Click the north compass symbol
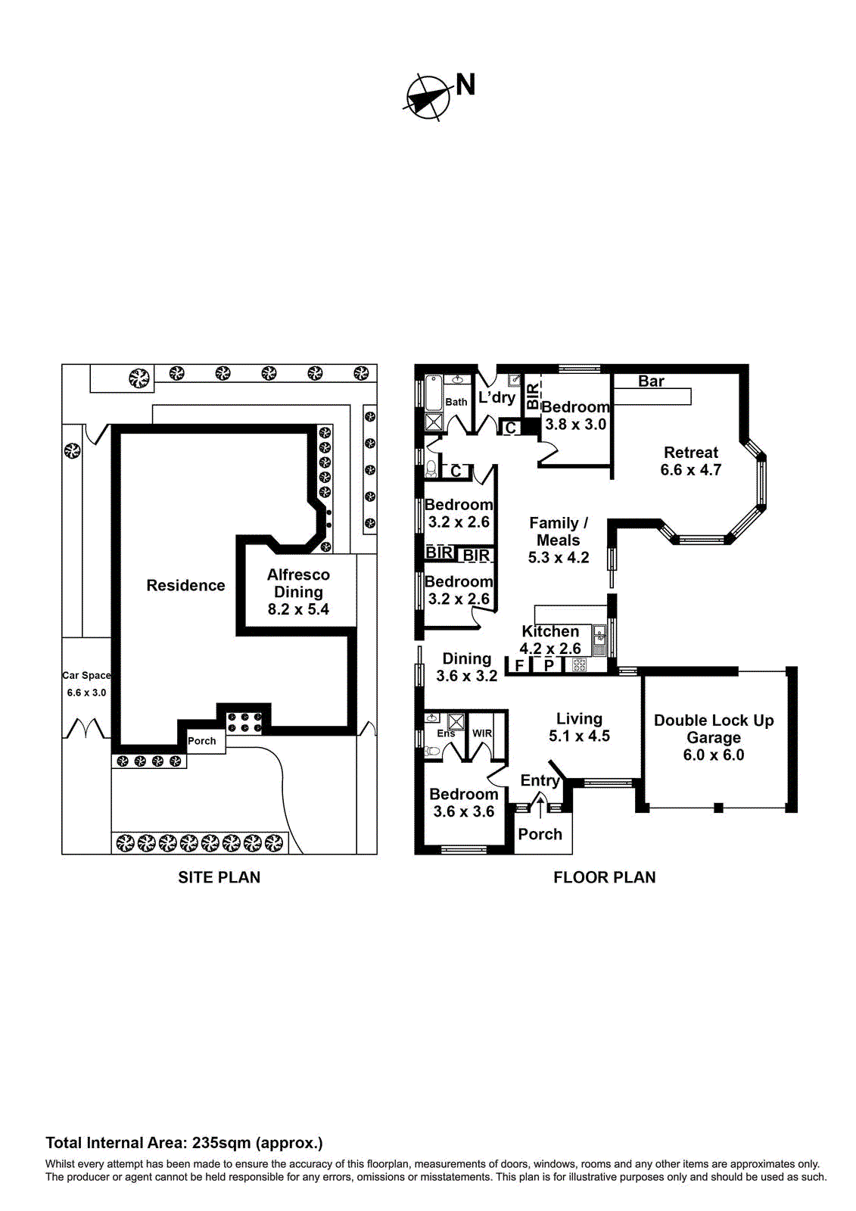click(427, 98)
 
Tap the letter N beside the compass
click(465, 85)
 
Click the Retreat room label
click(690, 461)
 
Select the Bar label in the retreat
click(651, 381)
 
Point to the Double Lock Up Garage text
click(714, 737)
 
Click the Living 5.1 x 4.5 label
click(579, 727)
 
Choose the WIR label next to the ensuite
click(482, 733)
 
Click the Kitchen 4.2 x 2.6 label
click(550, 640)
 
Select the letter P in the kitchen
click(549, 665)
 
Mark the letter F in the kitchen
click(519, 666)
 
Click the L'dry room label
click(496, 397)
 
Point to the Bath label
click(456, 402)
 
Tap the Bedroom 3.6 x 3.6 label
click(463, 802)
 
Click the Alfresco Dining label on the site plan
click(298, 592)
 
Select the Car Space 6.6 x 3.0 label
click(86, 683)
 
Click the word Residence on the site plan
click(185, 585)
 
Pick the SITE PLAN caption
click(219, 877)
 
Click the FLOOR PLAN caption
click(604, 877)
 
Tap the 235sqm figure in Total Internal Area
click(221, 1143)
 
